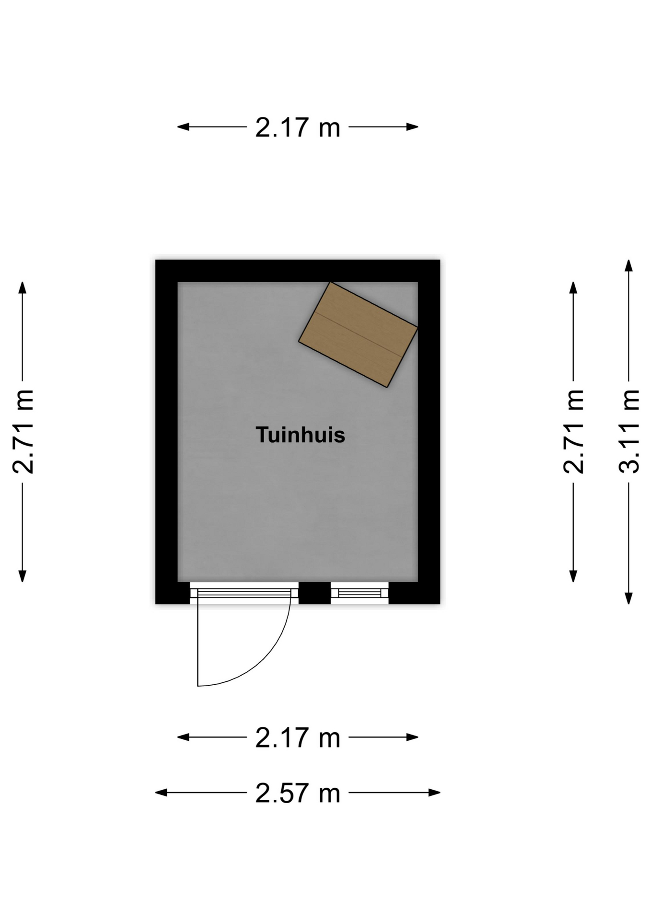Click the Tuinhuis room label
click(x=300, y=435)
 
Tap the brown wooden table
click(x=358, y=334)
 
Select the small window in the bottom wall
click(x=360, y=593)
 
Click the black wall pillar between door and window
click(x=314, y=593)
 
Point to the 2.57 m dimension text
click(x=298, y=793)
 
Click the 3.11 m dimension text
click(x=628, y=431)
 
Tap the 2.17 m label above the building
click(x=298, y=127)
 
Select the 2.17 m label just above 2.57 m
click(x=298, y=737)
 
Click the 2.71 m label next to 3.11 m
click(x=573, y=431)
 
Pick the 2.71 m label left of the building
click(x=23, y=431)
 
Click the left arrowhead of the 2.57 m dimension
click(x=161, y=793)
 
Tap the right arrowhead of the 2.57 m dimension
click(x=435, y=793)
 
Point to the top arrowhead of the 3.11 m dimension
click(x=628, y=265)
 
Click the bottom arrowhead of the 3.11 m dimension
click(x=628, y=598)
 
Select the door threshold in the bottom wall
click(x=244, y=593)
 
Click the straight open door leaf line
click(x=198, y=642)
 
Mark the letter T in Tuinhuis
click(x=262, y=435)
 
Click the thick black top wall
click(x=298, y=271)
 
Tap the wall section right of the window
click(x=414, y=593)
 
